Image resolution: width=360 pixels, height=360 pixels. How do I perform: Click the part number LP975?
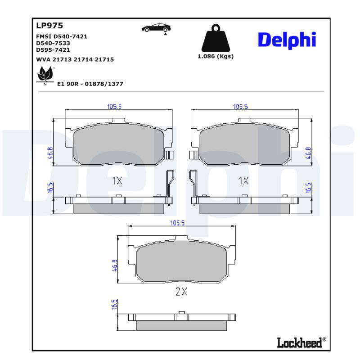coord(49,26)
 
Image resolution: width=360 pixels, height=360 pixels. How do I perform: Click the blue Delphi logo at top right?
coord(287,40)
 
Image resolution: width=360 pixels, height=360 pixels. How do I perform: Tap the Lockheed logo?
coord(301,342)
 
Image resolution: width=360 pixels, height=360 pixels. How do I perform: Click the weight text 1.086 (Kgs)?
coord(216,57)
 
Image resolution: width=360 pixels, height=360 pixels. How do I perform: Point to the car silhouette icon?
coord(156,28)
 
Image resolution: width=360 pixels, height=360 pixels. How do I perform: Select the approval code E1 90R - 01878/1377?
coord(90,84)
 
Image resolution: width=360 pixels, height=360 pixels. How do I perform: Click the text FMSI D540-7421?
coord(62,36)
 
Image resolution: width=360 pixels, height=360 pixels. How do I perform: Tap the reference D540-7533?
coord(53,43)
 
